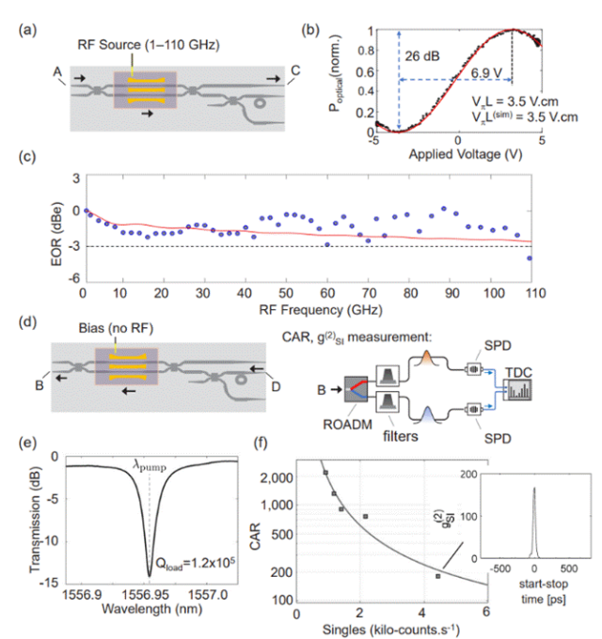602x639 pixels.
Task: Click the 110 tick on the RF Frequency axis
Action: (531, 294)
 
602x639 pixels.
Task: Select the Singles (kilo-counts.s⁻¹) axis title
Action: (392, 627)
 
